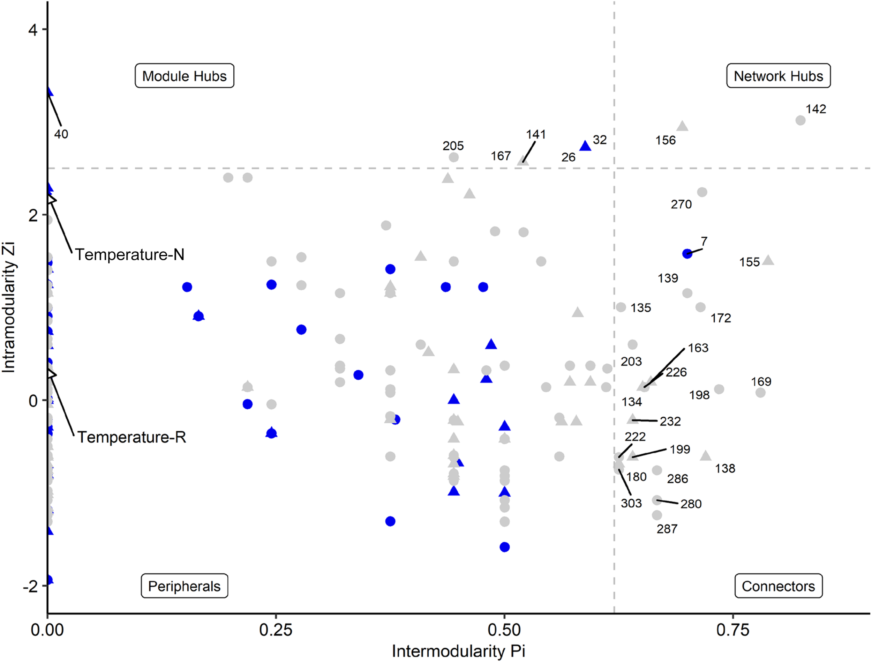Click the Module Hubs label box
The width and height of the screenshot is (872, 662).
point(184,76)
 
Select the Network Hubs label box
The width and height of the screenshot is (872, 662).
point(778,76)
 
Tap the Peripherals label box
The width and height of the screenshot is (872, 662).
point(184,586)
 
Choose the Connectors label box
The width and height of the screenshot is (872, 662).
point(778,586)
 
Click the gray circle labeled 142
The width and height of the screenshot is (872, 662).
point(800,120)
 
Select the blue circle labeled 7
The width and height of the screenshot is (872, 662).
point(687,254)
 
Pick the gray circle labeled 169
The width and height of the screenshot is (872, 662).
point(760,393)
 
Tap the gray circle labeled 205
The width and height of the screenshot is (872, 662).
point(454,157)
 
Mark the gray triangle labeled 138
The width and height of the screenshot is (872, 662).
point(706,456)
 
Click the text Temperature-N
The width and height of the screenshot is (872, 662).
point(130,254)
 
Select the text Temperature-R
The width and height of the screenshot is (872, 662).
point(131,437)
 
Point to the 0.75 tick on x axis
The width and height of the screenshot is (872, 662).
point(732,630)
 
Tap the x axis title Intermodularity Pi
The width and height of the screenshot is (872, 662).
point(458,651)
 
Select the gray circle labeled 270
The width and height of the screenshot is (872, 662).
point(702,192)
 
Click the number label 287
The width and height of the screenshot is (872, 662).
point(667,529)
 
